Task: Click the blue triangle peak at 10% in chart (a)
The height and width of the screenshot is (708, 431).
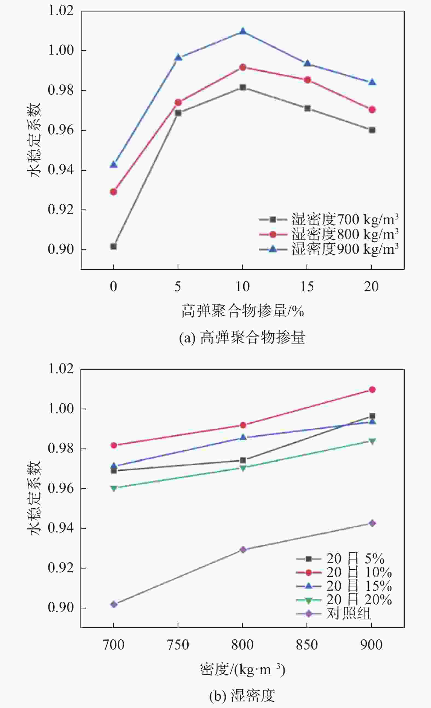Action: (243, 31)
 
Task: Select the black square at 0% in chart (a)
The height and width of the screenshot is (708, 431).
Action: (114, 247)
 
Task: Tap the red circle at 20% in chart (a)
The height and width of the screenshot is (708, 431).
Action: (372, 109)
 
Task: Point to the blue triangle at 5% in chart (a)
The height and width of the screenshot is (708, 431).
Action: (178, 57)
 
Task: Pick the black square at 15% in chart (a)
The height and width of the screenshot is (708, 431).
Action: (307, 108)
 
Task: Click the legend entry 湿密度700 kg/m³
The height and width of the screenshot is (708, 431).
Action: (329, 220)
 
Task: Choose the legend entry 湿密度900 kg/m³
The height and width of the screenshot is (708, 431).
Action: (329, 249)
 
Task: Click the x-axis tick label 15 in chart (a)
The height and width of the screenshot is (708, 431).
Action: (307, 287)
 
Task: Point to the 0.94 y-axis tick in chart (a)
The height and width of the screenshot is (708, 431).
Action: (61, 170)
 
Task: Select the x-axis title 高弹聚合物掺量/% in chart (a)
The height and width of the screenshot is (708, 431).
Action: (242, 311)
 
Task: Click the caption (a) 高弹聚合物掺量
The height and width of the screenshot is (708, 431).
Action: (242, 338)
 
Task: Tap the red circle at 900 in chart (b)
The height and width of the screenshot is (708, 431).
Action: (372, 390)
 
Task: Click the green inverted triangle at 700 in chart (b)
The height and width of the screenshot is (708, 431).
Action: (114, 488)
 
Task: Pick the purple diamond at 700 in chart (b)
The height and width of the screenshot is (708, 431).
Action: (114, 605)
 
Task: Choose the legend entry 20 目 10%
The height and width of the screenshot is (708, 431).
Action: (344, 572)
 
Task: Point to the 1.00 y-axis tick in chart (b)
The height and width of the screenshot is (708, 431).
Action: (61, 409)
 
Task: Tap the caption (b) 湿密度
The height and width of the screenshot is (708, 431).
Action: (242, 696)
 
